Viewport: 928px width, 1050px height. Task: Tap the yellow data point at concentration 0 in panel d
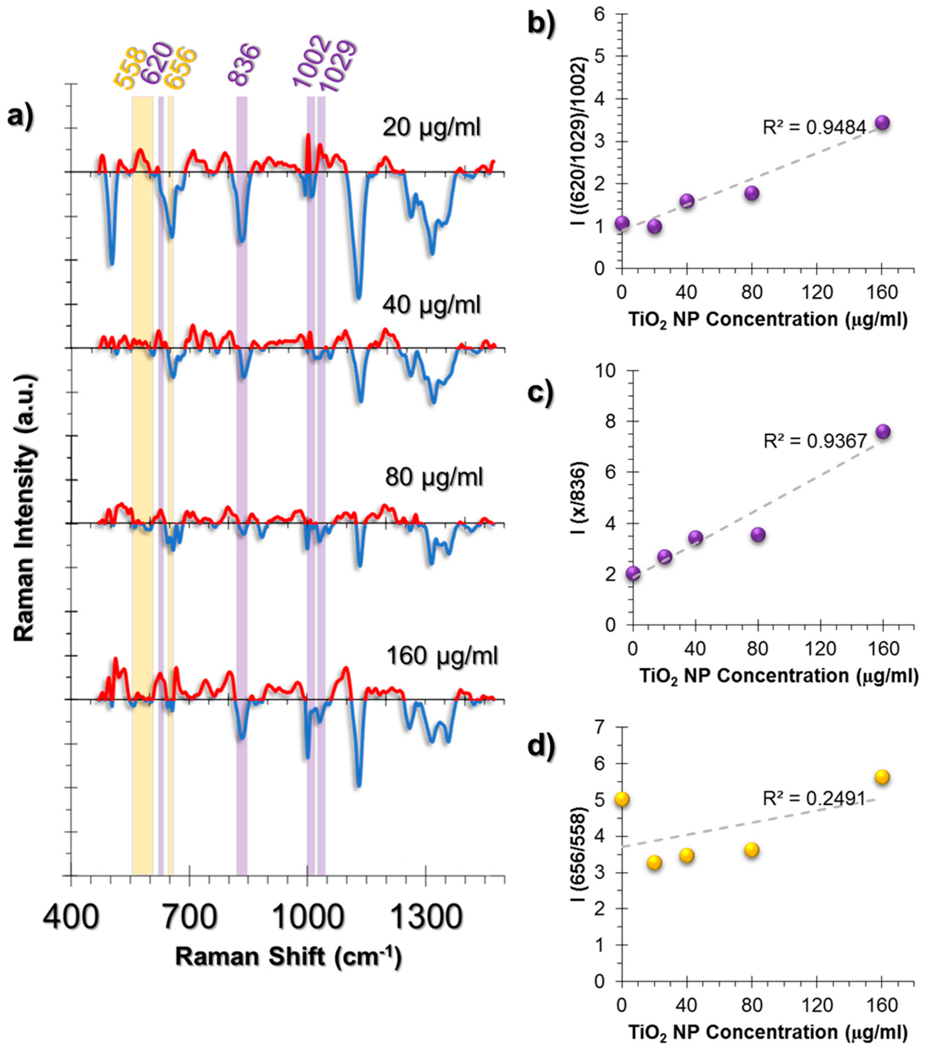tap(622, 799)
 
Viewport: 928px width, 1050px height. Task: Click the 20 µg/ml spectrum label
tap(432, 127)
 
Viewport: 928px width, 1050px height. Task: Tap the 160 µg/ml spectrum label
tap(442, 656)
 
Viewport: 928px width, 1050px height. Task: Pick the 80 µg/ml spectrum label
tap(434, 477)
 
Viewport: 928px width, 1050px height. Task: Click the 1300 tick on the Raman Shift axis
tap(426, 917)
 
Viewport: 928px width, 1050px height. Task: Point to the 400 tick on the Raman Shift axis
tap(71, 917)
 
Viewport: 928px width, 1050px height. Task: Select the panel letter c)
tap(541, 393)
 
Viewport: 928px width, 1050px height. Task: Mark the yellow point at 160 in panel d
tap(882, 777)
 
